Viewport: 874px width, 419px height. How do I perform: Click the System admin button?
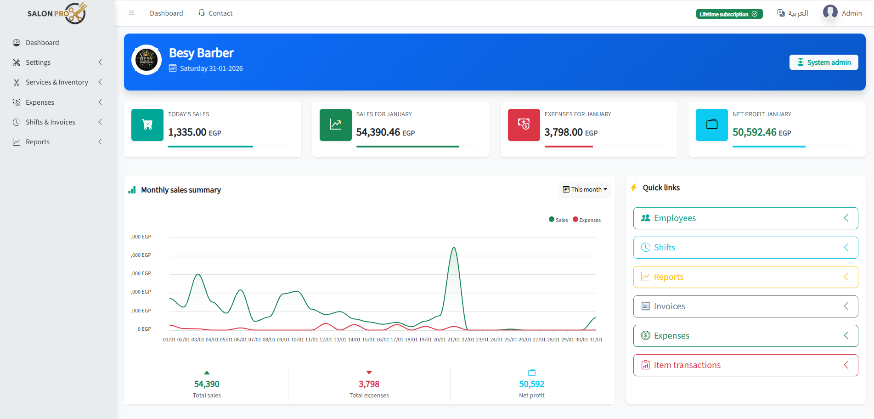point(823,62)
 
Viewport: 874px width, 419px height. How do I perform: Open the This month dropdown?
point(585,190)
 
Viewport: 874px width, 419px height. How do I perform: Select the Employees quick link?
point(745,218)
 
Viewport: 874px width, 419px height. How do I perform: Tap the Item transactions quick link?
point(745,365)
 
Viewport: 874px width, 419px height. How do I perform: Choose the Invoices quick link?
point(745,306)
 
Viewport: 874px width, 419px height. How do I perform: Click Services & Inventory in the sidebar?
point(57,82)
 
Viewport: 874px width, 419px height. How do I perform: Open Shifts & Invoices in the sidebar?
point(51,122)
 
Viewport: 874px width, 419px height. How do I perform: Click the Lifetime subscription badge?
point(729,14)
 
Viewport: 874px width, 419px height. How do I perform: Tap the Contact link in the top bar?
point(215,13)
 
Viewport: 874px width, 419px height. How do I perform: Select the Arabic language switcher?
point(793,13)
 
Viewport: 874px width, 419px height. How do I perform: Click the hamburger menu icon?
point(131,13)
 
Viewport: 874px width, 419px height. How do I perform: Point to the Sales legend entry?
point(558,220)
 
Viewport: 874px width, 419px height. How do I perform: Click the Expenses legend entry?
point(587,220)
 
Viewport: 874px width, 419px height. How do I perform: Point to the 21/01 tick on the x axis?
point(454,340)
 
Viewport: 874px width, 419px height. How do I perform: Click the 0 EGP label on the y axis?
point(144,329)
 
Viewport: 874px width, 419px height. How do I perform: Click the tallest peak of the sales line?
point(454,248)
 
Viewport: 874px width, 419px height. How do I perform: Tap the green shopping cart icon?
point(147,125)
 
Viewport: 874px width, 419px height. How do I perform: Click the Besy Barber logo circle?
point(147,60)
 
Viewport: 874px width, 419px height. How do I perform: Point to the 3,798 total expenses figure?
point(369,384)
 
